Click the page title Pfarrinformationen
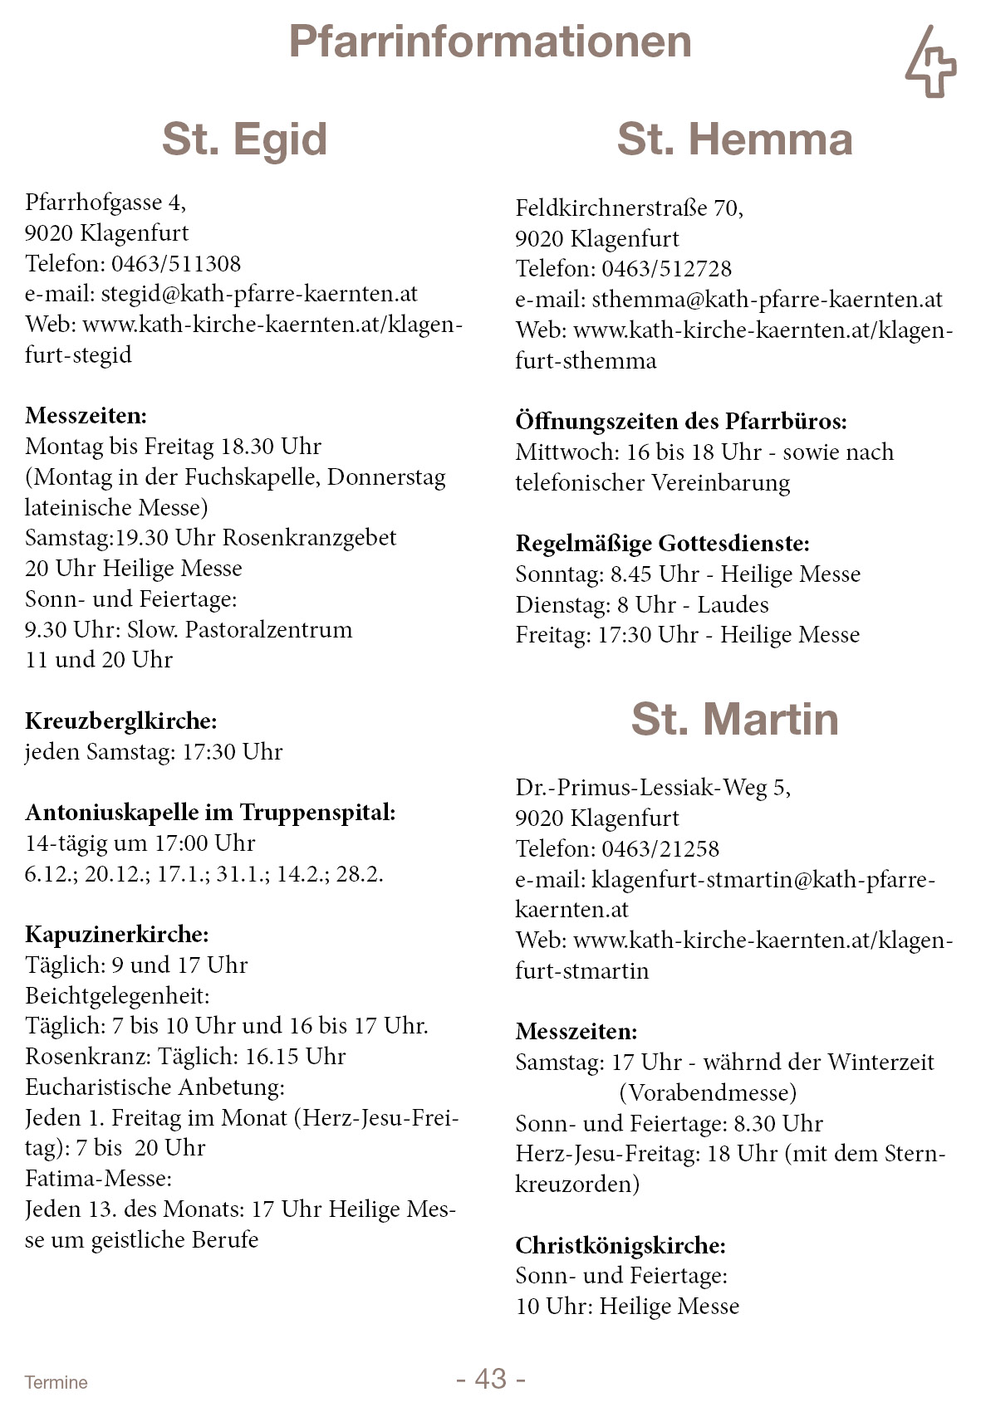pyautogui.click(x=490, y=42)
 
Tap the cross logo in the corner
pyautogui.click(x=930, y=62)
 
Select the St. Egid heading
pyautogui.click(x=244, y=139)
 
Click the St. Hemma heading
pyautogui.click(x=734, y=139)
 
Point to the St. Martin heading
pyautogui.click(x=734, y=719)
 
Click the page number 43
pyautogui.click(x=490, y=1378)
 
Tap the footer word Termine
pyautogui.click(x=56, y=1382)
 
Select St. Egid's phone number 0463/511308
pyautogui.click(x=176, y=264)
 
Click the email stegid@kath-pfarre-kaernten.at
pyautogui.click(x=259, y=294)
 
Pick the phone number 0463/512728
pyautogui.click(x=666, y=269)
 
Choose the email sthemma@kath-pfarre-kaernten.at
pyautogui.click(x=767, y=300)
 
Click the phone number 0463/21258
pyautogui.click(x=660, y=849)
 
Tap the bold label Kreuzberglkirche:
pyautogui.click(x=120, y=721)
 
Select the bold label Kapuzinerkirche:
pyautogui.click(x=117, y=935)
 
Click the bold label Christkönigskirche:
pyautogui.click(x=620, y=1245)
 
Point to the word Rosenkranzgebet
pyautogui.click(x=309, y=538)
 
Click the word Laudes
pyautogui.click(x=733, y=605)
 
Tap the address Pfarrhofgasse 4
pyautogui.click(x=104, y=203)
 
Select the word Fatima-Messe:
pyautogui.click(x=98, y=1179)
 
